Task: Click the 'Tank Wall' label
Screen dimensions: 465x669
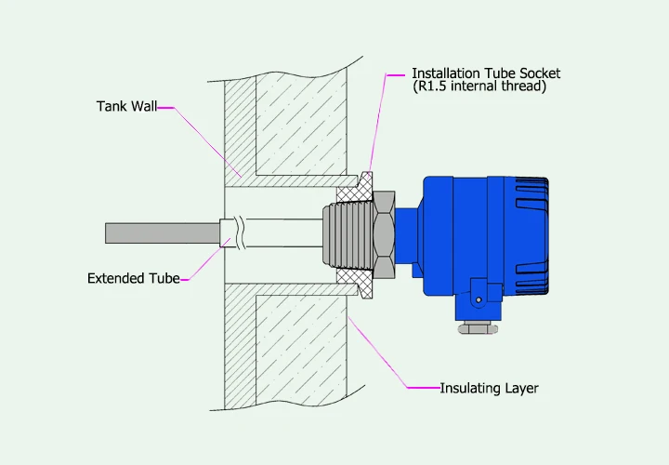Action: [126, 107]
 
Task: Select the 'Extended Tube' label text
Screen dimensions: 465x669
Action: [133, 278]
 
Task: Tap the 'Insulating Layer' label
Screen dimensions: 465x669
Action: [489, 388]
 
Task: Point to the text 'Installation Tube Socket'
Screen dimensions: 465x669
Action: [486, 73]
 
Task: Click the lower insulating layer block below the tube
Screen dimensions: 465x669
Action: [297, 344]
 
